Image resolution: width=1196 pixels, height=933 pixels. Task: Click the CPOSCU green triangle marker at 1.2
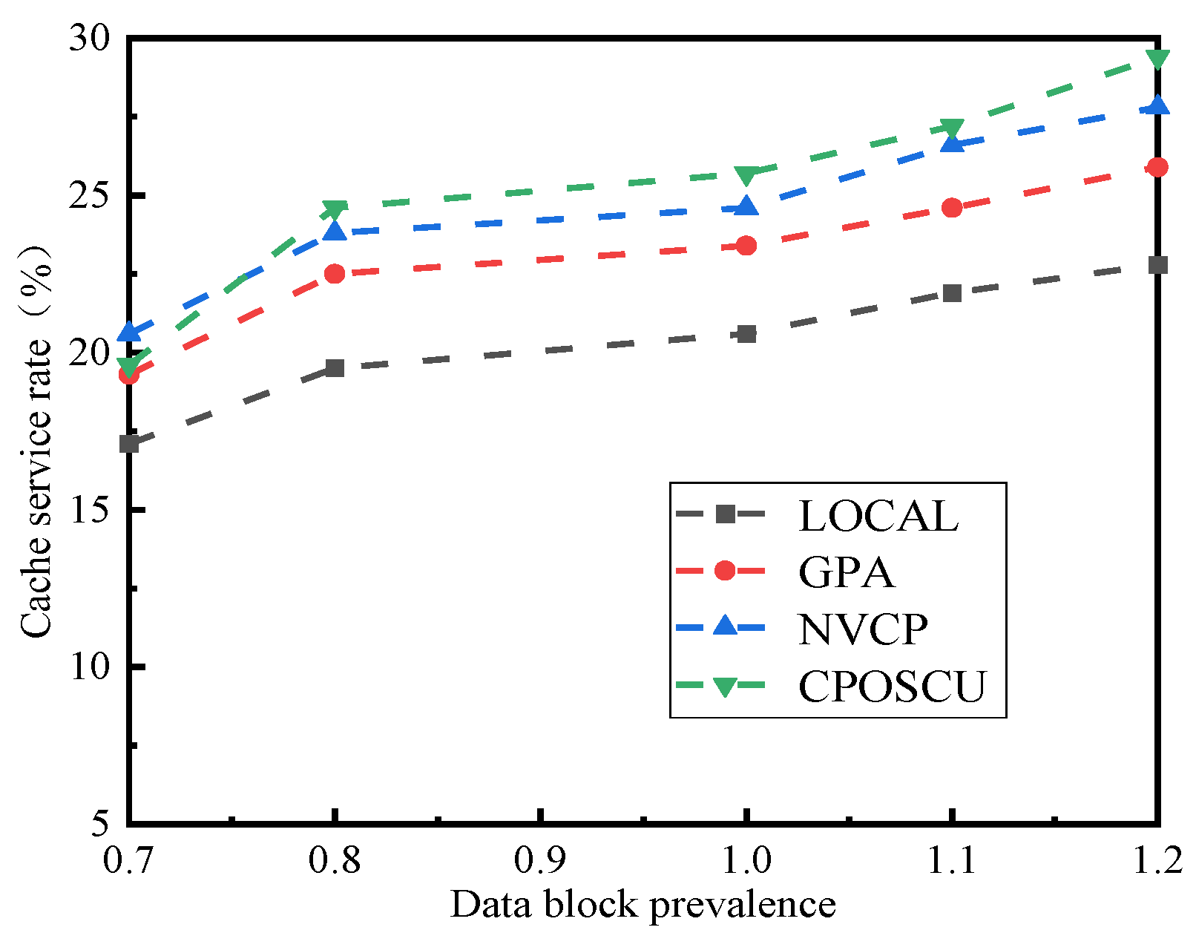point(1157,59)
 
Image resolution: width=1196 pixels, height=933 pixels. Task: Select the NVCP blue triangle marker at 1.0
point(746,206)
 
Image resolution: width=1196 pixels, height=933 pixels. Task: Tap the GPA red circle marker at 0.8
point(335,274)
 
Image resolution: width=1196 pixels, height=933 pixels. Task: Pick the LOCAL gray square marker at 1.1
point(952,292)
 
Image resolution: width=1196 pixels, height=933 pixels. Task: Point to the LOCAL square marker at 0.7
point(130,444)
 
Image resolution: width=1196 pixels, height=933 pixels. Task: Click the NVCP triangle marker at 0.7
point(130,331)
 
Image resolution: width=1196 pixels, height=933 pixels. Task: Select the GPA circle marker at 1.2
point(1157,167)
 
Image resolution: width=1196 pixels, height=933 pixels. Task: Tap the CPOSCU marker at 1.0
point(746,175)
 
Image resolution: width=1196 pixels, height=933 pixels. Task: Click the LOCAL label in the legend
point(878,516)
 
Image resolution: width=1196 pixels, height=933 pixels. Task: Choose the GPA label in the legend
point(846,572)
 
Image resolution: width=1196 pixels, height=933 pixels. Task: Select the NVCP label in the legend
point(862,629)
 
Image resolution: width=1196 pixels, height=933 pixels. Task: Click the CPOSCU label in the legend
point(892,687)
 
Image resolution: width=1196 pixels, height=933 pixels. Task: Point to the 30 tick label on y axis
point(89,39)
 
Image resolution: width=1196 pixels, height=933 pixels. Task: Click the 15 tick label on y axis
point(89,510)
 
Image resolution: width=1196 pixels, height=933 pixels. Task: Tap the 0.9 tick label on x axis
point(540,860)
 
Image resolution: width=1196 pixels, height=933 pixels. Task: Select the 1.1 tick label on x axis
point(952,860)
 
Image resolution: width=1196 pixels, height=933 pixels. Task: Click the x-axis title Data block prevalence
point(643,905)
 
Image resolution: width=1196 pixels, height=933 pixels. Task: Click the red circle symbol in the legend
point(725,571)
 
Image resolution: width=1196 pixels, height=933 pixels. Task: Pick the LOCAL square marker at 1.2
point(1157,265)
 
